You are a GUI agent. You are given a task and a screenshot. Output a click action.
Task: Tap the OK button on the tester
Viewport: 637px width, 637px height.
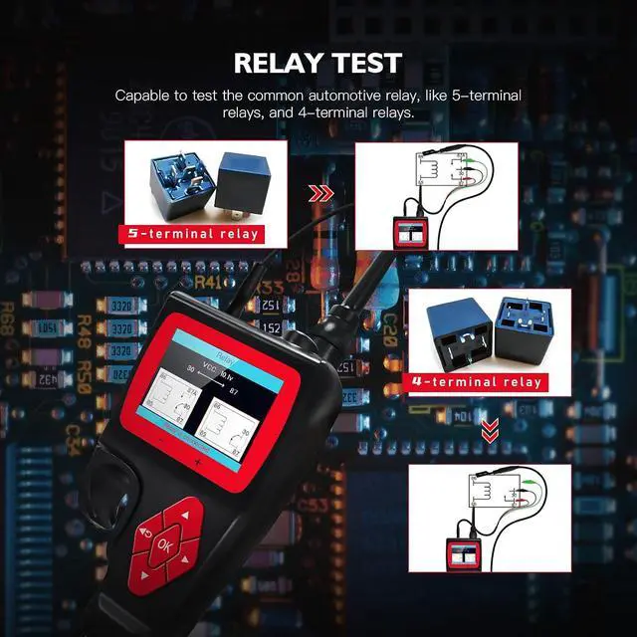pos(164,545)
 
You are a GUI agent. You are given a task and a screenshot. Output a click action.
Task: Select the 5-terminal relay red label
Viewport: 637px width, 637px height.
pos(191,234)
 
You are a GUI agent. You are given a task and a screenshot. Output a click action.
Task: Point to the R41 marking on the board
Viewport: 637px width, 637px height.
pos(209,283)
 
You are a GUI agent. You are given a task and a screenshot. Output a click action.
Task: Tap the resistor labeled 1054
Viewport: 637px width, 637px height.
pos(47,327)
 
